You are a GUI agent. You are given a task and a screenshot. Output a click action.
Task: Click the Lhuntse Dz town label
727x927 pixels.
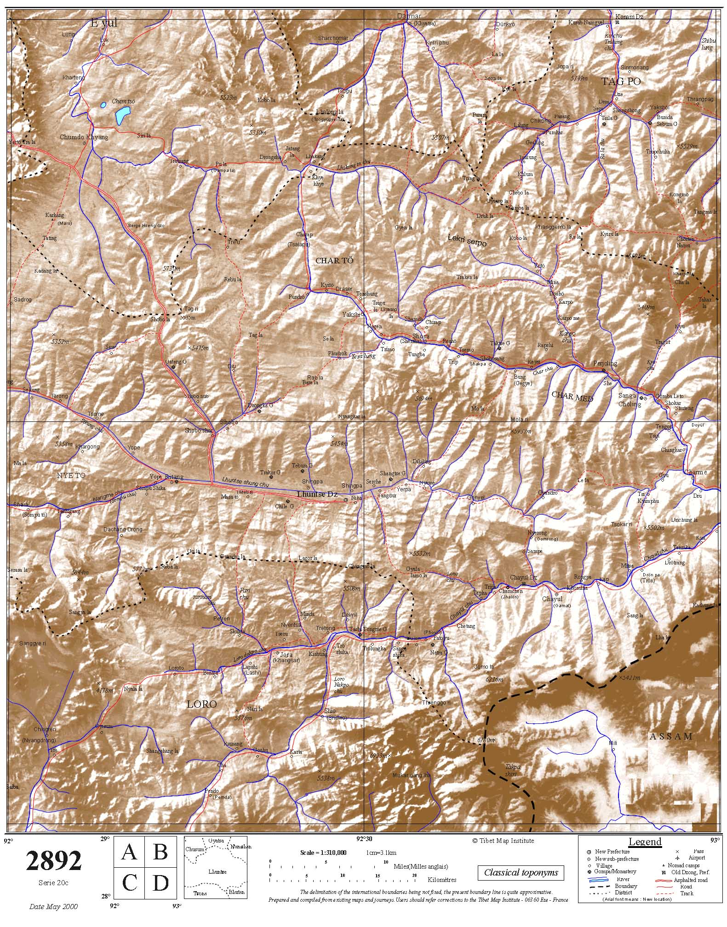pos(317,494)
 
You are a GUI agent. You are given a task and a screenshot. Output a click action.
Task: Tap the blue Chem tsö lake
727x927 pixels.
pos(122,116)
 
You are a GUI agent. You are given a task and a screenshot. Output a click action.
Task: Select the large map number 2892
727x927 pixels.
pos(54,861)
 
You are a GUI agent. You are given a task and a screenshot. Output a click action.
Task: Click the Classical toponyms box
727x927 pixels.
pos(521,872)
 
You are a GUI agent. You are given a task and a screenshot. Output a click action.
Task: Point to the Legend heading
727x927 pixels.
pos(645,842)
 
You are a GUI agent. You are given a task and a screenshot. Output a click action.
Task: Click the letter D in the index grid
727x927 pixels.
pos(160,883)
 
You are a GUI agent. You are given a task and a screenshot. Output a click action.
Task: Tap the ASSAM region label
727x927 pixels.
pos(671,736)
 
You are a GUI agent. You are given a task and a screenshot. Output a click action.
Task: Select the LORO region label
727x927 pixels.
pos(201,704)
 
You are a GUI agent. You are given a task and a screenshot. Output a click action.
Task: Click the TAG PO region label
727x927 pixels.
pos(621,82)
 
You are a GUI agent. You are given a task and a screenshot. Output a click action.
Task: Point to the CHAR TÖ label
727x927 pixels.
pos(334,261)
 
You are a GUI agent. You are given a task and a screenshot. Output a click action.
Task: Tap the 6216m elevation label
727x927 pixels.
pos(494,679)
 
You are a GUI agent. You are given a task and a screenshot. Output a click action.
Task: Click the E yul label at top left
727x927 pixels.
pos(104,23)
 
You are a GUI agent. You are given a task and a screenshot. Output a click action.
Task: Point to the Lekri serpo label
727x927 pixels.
pos(467,240)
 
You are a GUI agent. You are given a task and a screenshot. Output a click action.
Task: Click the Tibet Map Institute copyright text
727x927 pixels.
pos(503,840)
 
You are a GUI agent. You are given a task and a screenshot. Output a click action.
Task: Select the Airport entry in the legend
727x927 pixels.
pos(697,858)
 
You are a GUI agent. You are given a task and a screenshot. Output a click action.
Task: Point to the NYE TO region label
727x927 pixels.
pos(71,476)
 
